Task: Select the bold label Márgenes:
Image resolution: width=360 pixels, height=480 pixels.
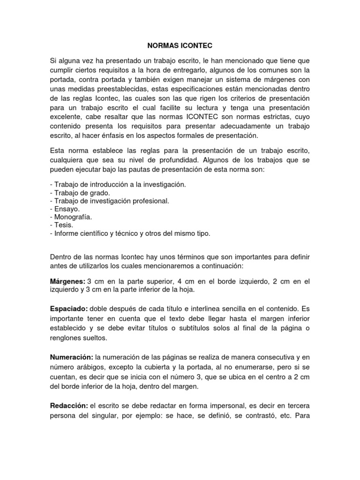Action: coord(67,281)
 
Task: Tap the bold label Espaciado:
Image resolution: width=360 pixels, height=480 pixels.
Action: coord(68,309)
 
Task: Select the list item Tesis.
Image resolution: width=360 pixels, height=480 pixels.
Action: coord(62,225)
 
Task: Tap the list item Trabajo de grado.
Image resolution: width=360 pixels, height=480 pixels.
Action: coord(80,193)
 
